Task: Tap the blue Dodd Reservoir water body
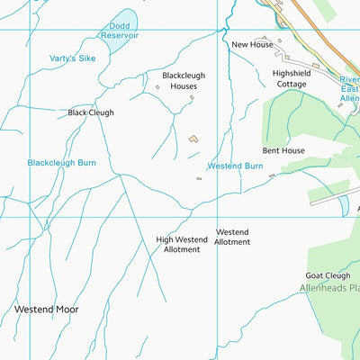tap(126, 17)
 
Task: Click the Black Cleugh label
tap(90, 113)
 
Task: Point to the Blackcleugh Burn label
tap(61, 163)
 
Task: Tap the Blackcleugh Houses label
tap(178, 80)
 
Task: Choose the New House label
tap(252, 44)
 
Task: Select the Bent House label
tap(283, 150)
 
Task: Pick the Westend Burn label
tap(235, 166)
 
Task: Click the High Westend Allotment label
tap(182, 244)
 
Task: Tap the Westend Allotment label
tap(232, 237)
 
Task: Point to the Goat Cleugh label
tap(328, 275)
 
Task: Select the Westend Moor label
tap(46, 309)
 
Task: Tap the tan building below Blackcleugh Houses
tap(193, 139)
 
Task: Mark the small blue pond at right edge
tap(343, 205)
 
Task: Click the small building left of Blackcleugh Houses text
tap(157, 87)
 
